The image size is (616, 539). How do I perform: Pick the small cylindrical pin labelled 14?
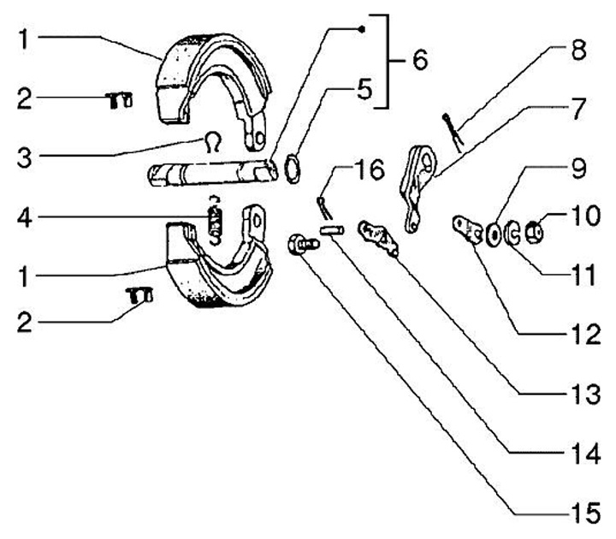tap(331, 229)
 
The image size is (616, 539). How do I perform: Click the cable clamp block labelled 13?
tap(379, 237)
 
